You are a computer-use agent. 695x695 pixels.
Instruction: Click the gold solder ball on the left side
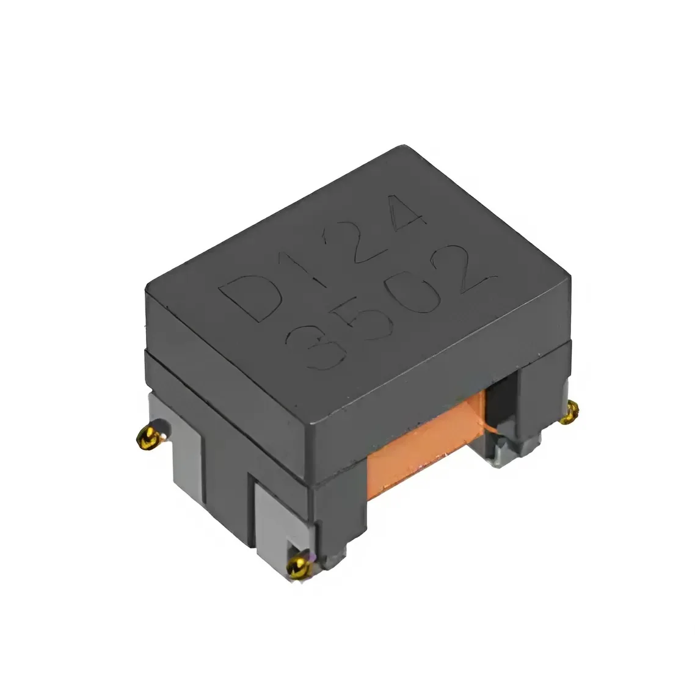point(148,439)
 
